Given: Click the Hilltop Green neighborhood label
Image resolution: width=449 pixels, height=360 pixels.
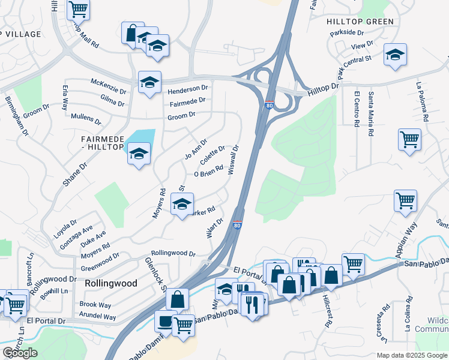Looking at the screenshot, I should point(360,22).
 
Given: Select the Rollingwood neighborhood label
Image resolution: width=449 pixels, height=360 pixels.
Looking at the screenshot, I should point(111,283).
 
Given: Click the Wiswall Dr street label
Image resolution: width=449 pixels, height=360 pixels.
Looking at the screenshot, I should point(234,160).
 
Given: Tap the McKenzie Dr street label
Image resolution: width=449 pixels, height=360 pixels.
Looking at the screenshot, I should point(108,87).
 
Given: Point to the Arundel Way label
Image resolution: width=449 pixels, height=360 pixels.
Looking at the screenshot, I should point(98,316).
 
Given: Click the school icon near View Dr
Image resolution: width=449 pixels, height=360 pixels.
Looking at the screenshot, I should point(395,55).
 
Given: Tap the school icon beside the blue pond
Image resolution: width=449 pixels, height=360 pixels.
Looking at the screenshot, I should point(139,154).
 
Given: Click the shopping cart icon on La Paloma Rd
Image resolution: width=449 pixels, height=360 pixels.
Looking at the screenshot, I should point(409,140).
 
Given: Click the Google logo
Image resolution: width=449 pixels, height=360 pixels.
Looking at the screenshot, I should point(20,353).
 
